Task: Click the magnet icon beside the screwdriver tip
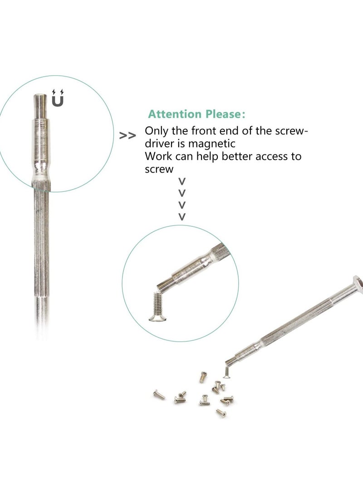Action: click(x=58, y=98)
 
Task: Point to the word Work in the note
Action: click(x=157, y=157)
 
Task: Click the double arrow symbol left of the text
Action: click(x=128, y=136)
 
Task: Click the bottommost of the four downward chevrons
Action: click(x=182, y=216)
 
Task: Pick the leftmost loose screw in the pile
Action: click(x=159, y=395)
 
